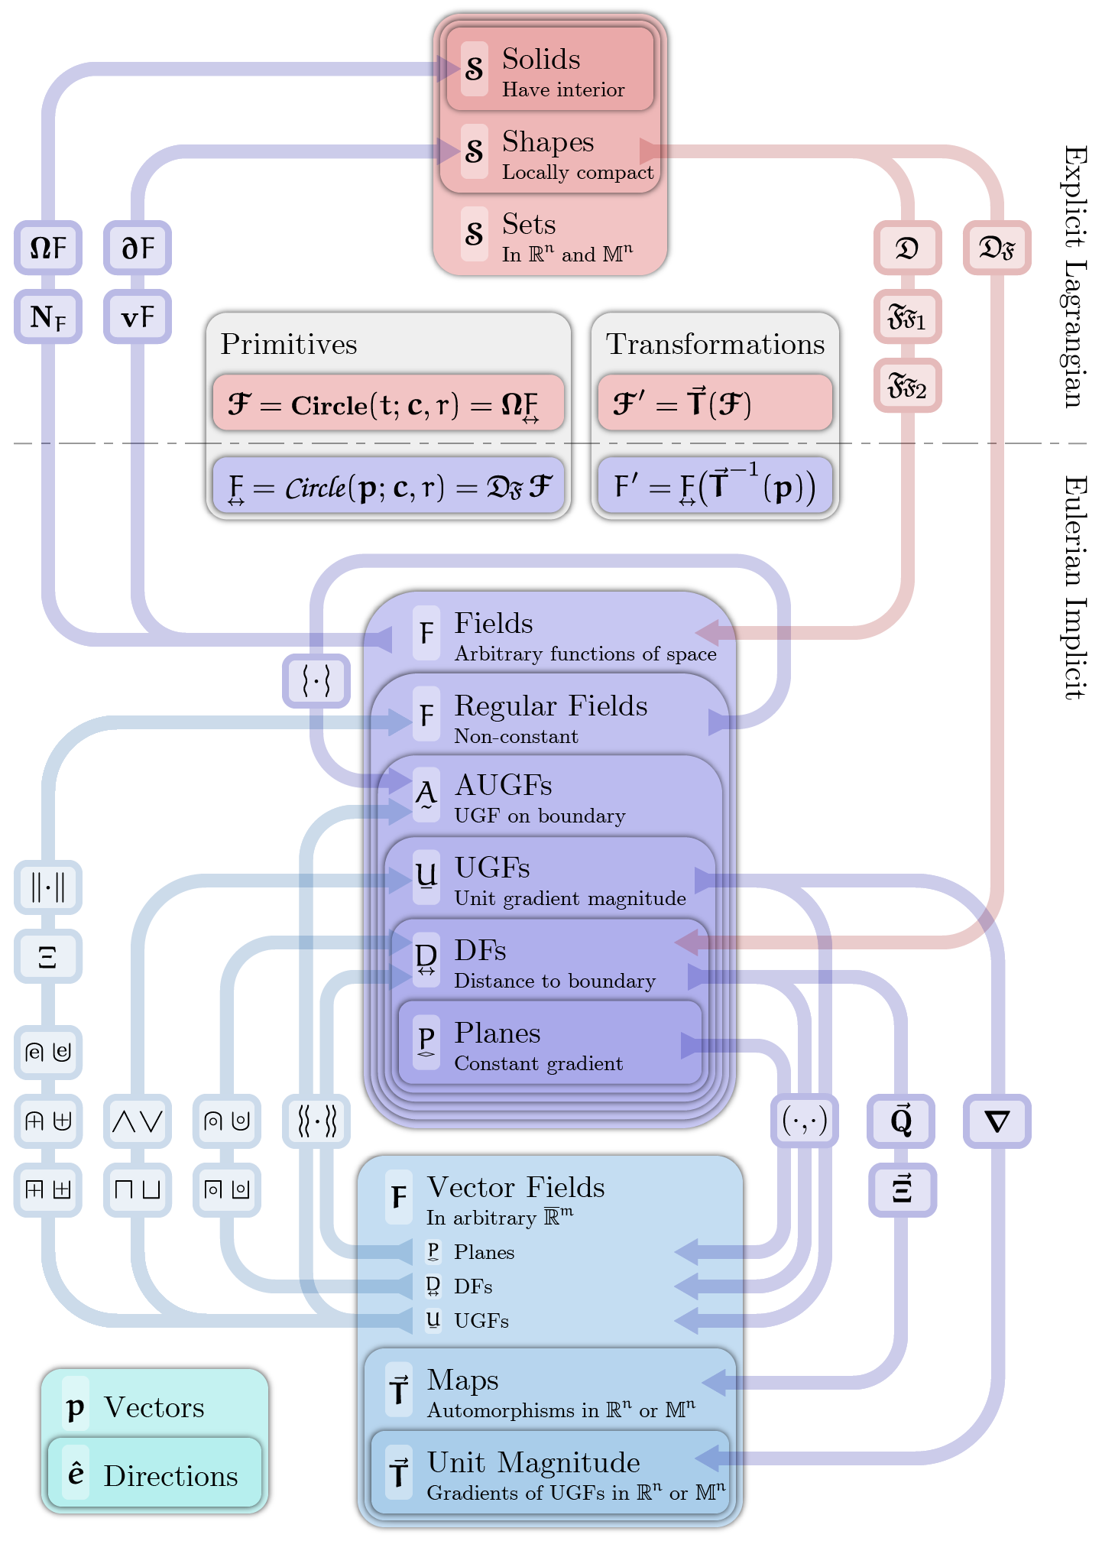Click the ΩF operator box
(48, 248)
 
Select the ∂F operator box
(138, 248)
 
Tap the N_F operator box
(48, 316)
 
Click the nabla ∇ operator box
(997, 1121)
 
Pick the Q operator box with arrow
(901, 1121)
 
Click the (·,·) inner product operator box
(804, 1121)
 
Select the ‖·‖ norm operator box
(48, 887)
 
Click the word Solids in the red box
(541, 60)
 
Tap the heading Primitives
(289, 344)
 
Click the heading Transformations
(715, 344)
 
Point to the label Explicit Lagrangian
(1076, 277)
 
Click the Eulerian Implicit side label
(1076, 587)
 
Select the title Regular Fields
(550, 706)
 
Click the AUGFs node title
(503, 785)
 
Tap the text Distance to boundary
(555, 981)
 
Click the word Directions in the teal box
(170, 1476)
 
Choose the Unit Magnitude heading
(533, 1462)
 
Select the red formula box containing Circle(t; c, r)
(388, 404)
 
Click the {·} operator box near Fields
(316, 680)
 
